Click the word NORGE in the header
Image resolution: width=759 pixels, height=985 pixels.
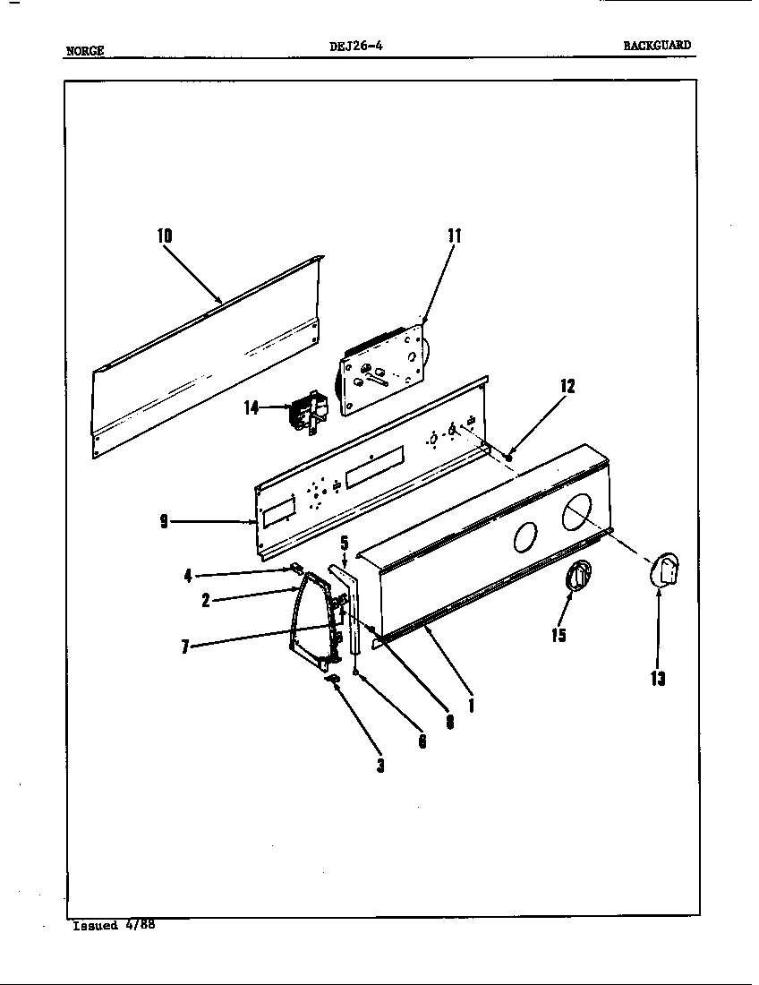click(85, 51)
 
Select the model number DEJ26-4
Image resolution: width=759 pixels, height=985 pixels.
click(355, 47)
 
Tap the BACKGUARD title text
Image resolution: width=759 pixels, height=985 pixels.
click(658, 46)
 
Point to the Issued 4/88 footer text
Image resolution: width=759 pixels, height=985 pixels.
click(114, 925)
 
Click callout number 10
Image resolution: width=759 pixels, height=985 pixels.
click(165, 236)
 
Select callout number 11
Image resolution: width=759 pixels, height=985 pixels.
click(454, 236)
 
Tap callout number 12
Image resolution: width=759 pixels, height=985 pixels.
click(567, 386)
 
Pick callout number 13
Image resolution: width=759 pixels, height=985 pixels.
click(658, 679)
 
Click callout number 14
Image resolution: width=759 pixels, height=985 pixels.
click(252, 407)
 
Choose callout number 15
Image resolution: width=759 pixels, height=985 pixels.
click(559, 636)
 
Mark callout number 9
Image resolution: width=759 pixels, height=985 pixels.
click(164, 522)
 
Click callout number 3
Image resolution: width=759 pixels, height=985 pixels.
click(380, 766)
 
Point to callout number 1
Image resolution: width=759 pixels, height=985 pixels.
click(471, 705)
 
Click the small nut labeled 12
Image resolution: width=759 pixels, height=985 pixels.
click(508, 458)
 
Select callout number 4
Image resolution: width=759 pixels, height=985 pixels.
click(187, 576)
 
